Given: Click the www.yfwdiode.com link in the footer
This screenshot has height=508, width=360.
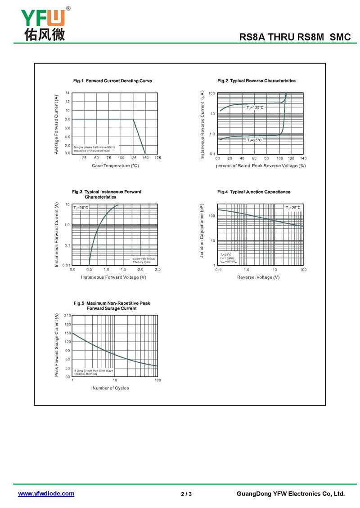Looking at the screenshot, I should click(x=46, y=494).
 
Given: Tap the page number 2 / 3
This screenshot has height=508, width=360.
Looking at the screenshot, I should click(x=186, y=495).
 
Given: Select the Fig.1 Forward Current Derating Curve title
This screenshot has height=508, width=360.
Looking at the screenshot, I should click(x=112, y=81).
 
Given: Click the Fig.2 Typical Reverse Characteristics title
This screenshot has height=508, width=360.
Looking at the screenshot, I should click(x=256, y=81).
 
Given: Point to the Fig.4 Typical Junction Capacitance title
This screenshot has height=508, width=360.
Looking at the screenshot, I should click(x=254, y=192).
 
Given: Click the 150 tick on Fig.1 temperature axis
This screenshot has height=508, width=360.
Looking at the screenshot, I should click(x=145, y=158).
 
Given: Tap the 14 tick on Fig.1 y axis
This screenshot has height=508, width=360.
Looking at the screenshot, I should click(x=67, y=93).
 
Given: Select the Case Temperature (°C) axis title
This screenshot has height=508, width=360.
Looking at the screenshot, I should click(x=115, y=166).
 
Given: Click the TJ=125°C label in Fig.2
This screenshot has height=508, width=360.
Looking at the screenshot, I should click(x=255, y=107).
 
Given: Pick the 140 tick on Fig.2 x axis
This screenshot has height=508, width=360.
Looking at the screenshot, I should click(x=303, y=158).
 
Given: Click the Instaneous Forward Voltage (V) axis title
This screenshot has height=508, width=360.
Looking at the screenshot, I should click(x=113, y=277).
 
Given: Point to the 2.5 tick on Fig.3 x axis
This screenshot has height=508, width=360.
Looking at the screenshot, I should click(x=157, y=269).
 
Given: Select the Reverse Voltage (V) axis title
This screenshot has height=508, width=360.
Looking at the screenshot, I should click(x=258, y=277).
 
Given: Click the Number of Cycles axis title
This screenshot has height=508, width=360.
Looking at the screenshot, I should click(x=111, y=388).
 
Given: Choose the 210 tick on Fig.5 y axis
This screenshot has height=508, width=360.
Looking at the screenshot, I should click(x=67, y=316).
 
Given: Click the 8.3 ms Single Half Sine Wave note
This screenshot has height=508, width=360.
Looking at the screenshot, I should click(x=94, y=370).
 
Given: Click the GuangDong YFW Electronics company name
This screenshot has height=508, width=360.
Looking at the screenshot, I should click(x=290, y=494).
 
